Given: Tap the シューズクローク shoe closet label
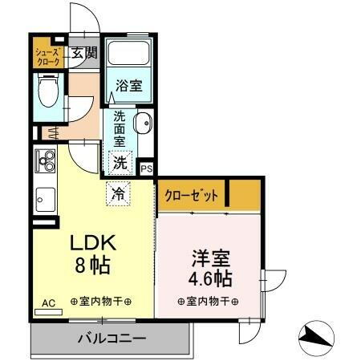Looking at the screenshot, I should click(47, 56).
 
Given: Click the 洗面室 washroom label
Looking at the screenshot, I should click(120, 128).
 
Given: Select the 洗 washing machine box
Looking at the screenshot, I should click(120, 161).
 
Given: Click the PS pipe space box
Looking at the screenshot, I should click(147, 168).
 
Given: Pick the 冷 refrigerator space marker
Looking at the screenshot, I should click(116, 193).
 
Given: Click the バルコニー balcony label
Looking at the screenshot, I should click(111, 338).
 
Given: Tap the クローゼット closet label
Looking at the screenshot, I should click(191, 196).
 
